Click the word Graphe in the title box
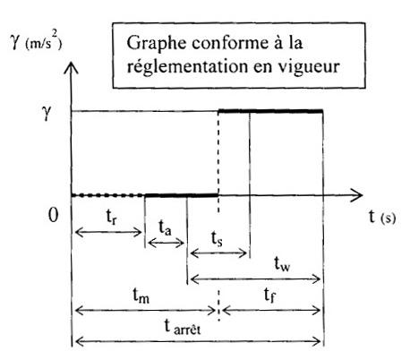click(x=157, y=44)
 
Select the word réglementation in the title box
click(x=186, y=66)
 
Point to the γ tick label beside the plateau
click(x=47, y=113)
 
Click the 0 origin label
click(x=53, y=215)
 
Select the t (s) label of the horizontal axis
click(x=382, y=217)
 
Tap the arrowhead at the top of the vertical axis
click(x=72, y=67)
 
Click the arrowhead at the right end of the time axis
click(x=357, y=195)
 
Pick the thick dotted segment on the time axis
click(x=108, y=195)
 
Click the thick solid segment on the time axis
click(x=182, y=195)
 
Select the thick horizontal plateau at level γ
click(x=270, y=111)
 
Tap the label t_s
click(x=217, y=238)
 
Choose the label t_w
click(x=282, y=263)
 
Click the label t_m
click(x=141, y=296)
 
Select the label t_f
click(x=269, y=295)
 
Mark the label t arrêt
click(x=183, y=327)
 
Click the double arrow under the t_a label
click(x=166, y=243)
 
